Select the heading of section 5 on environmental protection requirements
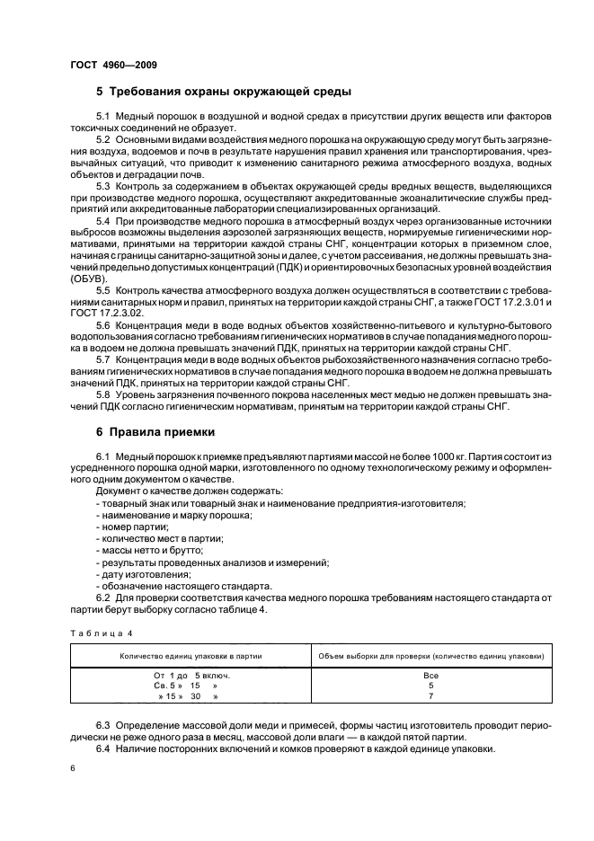point(224,92)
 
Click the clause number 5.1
point(102,119)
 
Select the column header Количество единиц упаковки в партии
point(191,656)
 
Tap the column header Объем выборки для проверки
point(430,656)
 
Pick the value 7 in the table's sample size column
point(430,696)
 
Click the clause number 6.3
point(102,724)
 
